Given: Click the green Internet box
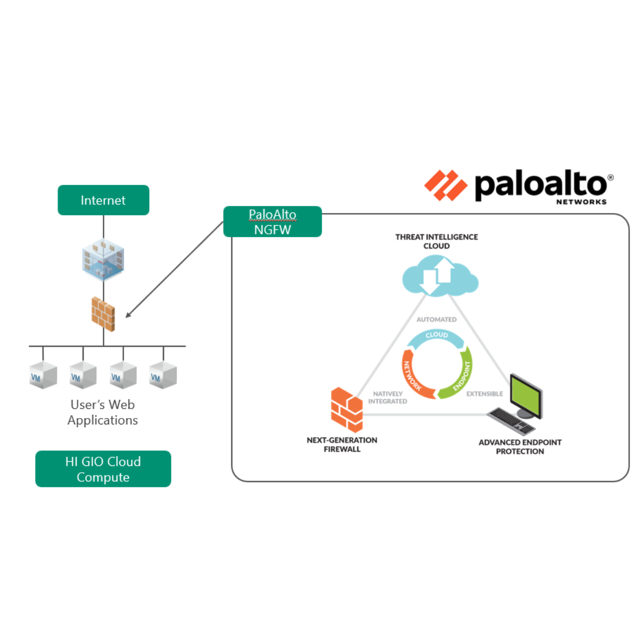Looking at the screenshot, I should click(x=103, y=200).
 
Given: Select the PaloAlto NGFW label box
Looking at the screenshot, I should click(x=272, y=222).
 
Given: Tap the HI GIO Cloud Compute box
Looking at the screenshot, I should click(x=103, y=469).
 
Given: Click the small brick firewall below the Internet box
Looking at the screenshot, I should click(x=103, y=314).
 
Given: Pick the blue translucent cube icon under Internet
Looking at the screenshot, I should click(x=103, y=260).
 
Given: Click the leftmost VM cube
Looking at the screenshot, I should click(x=43, y=375).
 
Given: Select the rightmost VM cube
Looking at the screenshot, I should click(x=163, y=375).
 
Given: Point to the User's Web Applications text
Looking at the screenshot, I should click(x=103, y=412).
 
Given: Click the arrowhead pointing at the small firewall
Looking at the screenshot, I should click(x=128, y=315).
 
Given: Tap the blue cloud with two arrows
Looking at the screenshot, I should click(x=439, y=276).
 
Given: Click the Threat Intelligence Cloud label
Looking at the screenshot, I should click(x=437, y=241).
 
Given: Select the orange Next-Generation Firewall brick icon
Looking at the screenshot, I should click(x=347, y=409).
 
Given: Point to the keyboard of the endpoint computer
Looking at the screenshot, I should click(x=511, y=421).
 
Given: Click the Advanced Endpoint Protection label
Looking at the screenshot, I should click(x=520, y=447).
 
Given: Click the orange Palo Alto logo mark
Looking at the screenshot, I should click(x=445, y=185).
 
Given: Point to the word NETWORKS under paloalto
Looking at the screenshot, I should click(x=581, y=202).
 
